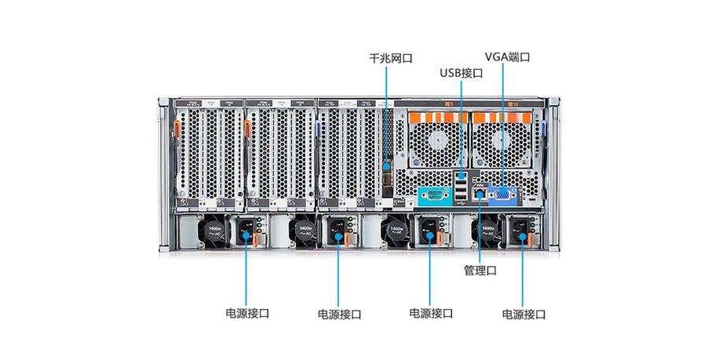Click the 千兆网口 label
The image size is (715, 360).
pyautogui.click(x=390, y=58)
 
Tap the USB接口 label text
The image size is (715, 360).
pyautogui.click(x=461, y=73)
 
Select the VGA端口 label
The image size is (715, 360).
pyautogui.click(x=508, y=57)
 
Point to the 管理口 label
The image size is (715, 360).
pyautogui.click(x=480, y=270)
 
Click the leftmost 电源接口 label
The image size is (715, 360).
pyautogui.click(x=247, y=312)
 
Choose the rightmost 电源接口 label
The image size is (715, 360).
pyautogui.click(x=523, y=314)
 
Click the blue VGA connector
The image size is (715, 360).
pyautogui.click(x=502, y=197)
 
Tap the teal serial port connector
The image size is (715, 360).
pyautogui.click(x=432, y=196)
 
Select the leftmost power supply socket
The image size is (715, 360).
pyautogui.click(x=248, y=231)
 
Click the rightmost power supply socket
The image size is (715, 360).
pyautogui.click(x=520, y=231)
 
